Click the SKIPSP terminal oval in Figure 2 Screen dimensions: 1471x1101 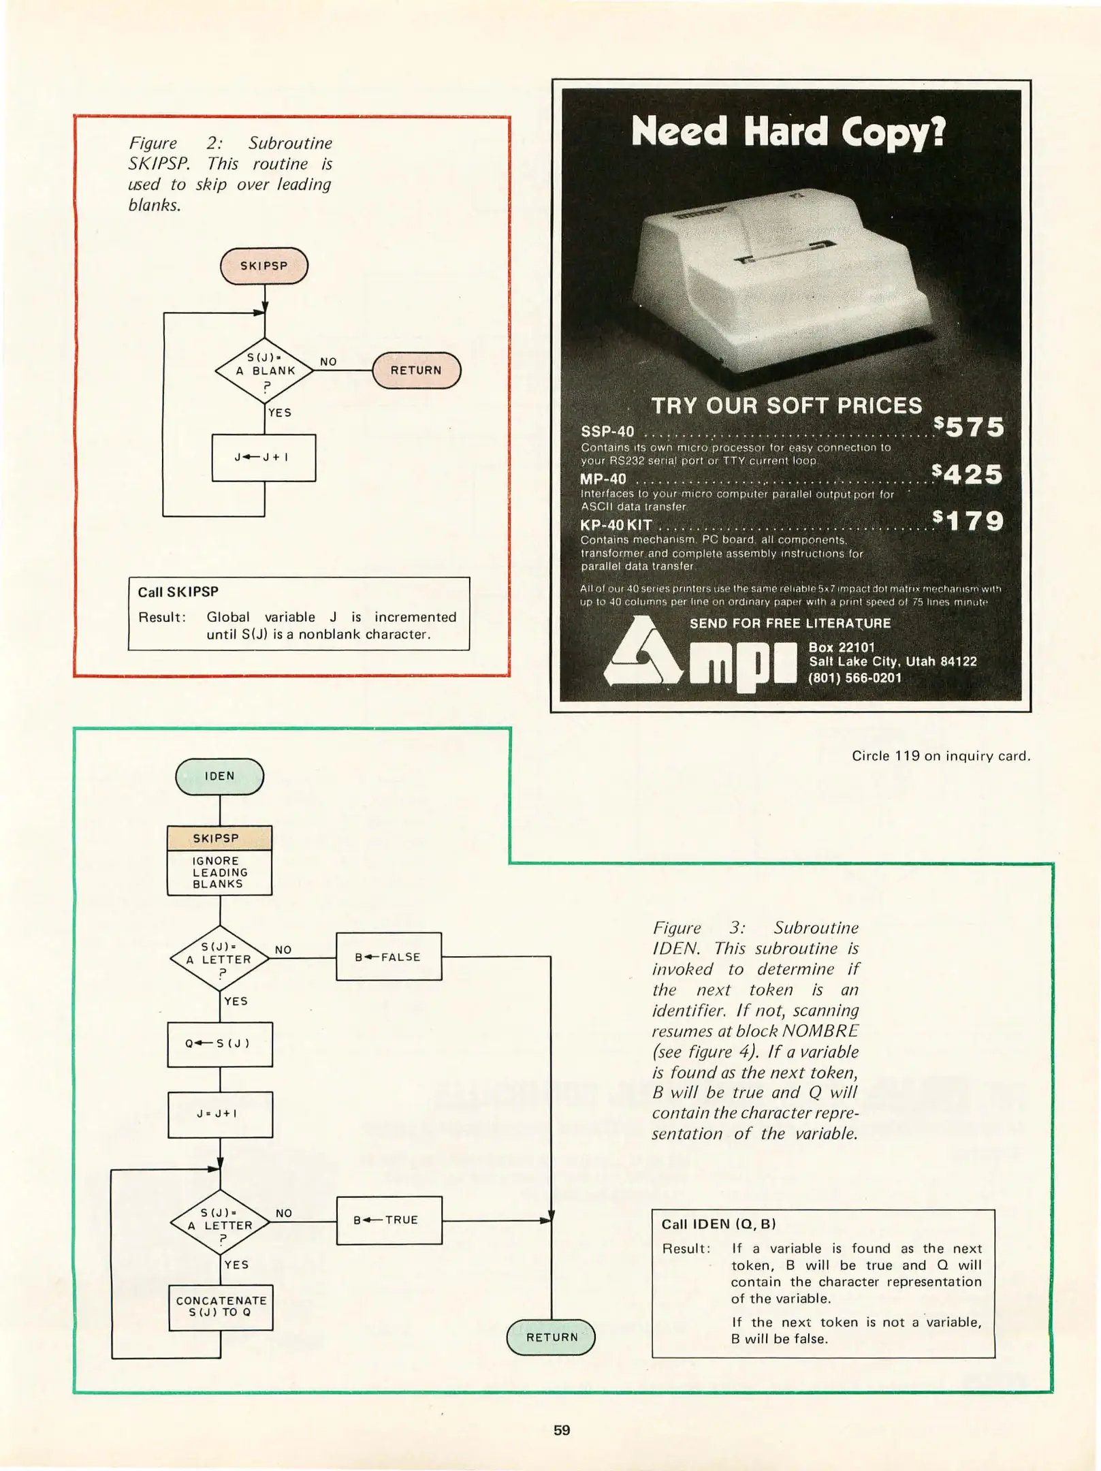tap(264, 266)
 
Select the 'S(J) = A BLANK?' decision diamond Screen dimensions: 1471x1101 tap(264, 371)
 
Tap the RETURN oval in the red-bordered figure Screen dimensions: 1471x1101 tap(416, 370)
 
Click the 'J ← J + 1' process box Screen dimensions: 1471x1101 tap(264, 458)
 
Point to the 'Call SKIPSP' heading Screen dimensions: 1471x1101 tap(178, 592)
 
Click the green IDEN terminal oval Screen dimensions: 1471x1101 tap(219, 776)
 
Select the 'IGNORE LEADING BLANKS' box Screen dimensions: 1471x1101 tap(219, 872)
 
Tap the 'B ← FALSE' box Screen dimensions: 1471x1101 tap(388, 957)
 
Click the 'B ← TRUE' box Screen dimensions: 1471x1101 tap(389, 1220)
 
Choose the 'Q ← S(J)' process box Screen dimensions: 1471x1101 tap(219, 1043)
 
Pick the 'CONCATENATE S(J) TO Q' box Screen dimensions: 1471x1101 tap(221, 1307)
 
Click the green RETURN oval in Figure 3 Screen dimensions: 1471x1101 tap(551, 1337)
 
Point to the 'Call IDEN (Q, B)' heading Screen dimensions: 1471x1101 tap(718, 1224)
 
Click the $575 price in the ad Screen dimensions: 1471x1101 tap(969, 427)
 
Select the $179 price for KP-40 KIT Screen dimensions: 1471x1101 tap(969, 521)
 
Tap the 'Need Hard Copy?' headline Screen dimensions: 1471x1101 tap(788, 131)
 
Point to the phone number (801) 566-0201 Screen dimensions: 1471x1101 tap(855, 678)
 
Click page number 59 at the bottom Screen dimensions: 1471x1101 tap(561, 1430)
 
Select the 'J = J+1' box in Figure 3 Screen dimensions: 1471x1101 tap(219, 1114)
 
